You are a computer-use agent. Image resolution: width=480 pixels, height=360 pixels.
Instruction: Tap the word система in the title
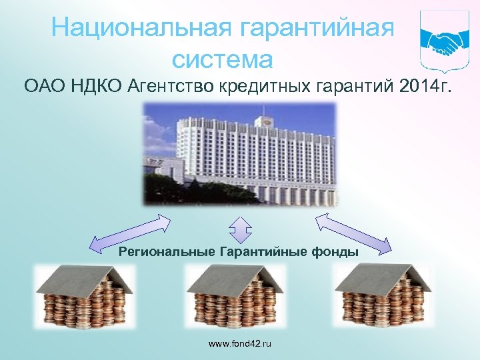222,60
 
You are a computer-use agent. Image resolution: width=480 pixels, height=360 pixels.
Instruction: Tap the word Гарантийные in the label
262,251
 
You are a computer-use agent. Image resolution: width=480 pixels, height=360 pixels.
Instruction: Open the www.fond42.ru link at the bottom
240,343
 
